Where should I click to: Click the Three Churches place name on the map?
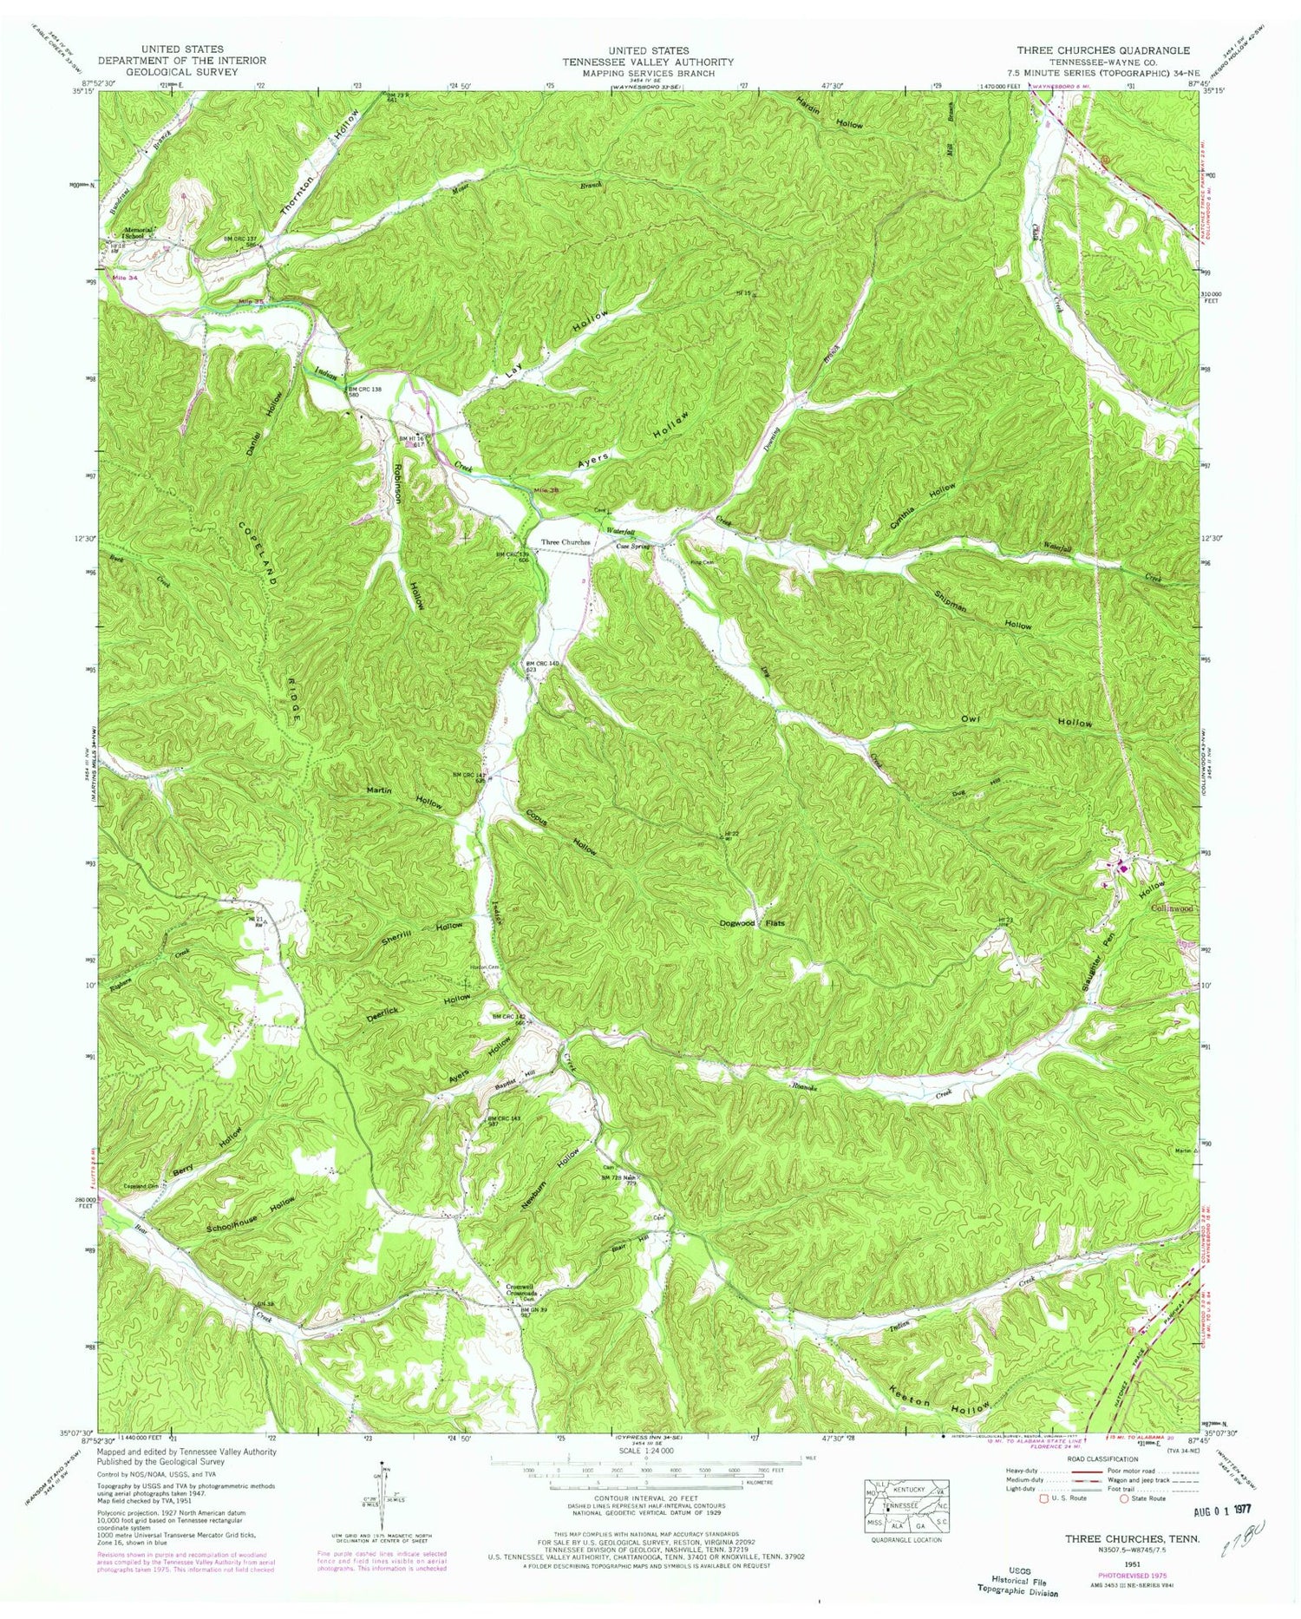click(x=566, y=542)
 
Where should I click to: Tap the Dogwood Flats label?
click(x=752, y=923)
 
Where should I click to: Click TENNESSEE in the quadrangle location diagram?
click(x=906, y=1505)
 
